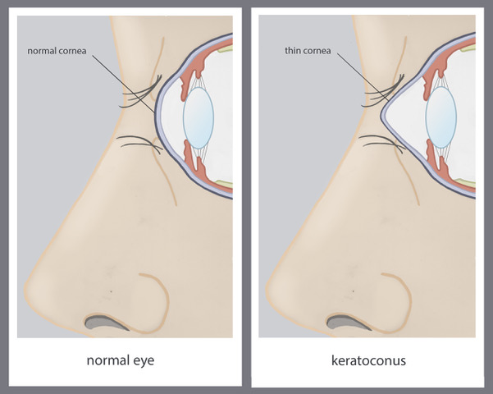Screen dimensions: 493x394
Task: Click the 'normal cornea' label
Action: [57, 51]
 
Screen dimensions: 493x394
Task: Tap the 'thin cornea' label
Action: [308, 50]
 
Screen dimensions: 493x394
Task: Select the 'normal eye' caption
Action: [121, 360]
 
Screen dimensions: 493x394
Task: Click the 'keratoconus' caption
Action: [368, 360]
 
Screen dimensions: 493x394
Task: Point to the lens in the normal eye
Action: [199, 117]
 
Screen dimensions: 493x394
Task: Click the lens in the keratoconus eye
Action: [441, 117]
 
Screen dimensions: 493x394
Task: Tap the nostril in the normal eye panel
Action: [106, 323]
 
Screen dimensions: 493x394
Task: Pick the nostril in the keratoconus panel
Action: [348, 323]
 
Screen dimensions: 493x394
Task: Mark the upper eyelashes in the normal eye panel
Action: [141, 92]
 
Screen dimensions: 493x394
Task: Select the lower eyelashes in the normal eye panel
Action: [139, 144]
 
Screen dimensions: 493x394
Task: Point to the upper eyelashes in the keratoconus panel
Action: [383, 91]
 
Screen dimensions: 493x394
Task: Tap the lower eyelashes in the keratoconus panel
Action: [381, 143]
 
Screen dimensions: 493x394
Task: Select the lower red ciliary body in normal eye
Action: [193, 160]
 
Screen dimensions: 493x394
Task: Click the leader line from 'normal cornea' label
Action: [124, 85]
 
